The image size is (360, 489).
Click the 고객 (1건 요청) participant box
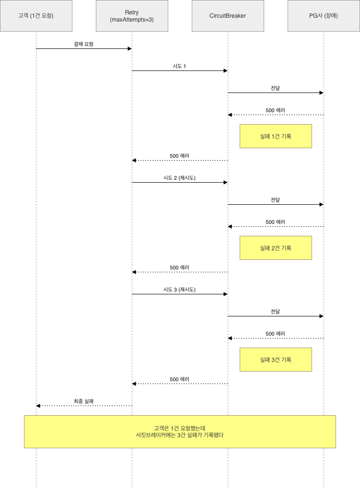coord(36,16)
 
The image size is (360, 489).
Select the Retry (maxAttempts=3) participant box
coord(132,16)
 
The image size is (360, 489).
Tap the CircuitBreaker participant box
coord(228,16)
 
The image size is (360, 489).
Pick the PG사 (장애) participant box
coord(324,16)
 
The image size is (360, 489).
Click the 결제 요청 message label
coord(83,44)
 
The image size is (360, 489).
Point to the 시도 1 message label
coord(179,66)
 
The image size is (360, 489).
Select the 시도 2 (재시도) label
coord(179,178)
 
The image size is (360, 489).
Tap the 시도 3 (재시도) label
coord(179,290)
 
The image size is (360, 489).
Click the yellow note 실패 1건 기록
coord(276,136)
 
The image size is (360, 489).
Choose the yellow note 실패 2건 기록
coord(276,248)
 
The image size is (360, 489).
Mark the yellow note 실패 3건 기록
coord(276,360)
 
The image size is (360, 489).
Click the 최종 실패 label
coord(83,401)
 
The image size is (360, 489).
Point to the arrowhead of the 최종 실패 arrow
coord(38,406)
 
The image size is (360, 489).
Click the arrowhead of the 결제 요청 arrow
coord(130,48)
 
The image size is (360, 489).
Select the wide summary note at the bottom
coord(180,431)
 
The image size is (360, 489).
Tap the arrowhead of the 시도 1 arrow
coord(226,71)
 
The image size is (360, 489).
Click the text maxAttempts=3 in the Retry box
coord(132,19)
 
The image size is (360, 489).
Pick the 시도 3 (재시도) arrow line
coord(180,294)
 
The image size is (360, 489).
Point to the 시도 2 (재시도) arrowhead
coord(226,183)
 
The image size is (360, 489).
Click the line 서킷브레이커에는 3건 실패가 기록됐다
coord(180,435)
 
